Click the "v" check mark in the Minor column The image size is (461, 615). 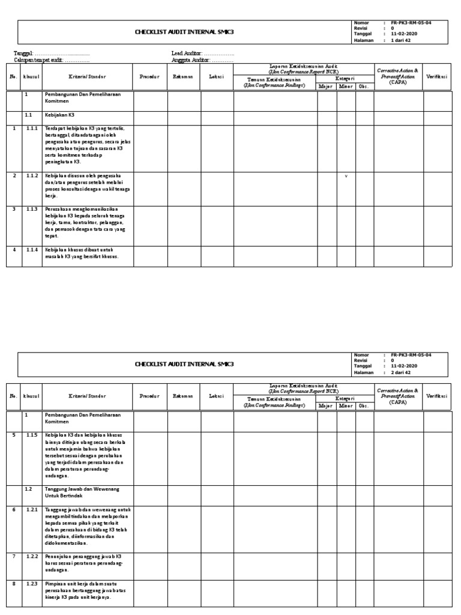(x=346, y=176)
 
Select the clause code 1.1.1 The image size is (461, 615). (x=31, y=129)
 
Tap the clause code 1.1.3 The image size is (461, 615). (x=31, y=209)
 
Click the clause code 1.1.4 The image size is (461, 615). (x=31, y=249)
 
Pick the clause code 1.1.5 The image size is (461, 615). (x=31, y=434)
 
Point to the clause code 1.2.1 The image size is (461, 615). (x=31, y=510)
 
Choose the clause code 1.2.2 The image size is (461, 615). (x=31, y=557)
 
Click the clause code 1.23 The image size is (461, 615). (x=31, y=583)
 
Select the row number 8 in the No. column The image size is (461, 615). (x=13, y=583)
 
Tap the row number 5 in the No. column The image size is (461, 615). (x=13, y=434)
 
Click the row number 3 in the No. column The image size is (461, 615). (x=13, y=209)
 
